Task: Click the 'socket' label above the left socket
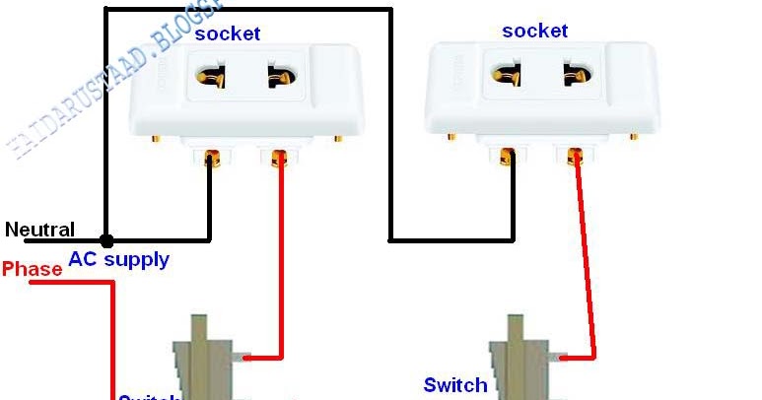point(227,33)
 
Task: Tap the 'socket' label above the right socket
point(534,31)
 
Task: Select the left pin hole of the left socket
point(210,76)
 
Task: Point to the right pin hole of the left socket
point(272,77)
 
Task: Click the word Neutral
point(39,230)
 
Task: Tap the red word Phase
point(32,268)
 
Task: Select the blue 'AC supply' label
point(118,260)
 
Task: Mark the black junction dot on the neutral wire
point(105,239)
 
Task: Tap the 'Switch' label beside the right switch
point(454,384)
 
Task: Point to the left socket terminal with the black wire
point(210,157)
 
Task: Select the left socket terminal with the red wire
point(280,157)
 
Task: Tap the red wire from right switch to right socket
point(586,256)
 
